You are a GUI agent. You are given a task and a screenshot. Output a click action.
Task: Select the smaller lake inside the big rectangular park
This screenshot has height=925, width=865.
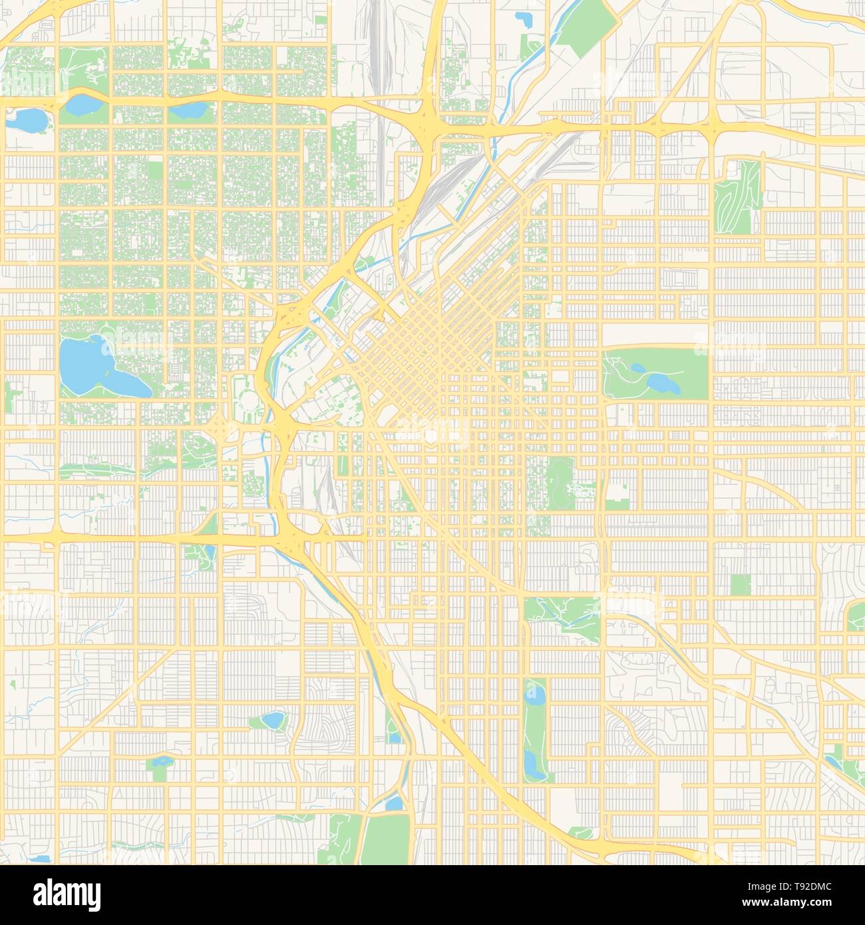point(637,367)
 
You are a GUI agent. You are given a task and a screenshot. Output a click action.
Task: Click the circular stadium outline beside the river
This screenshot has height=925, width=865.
point(248,401)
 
